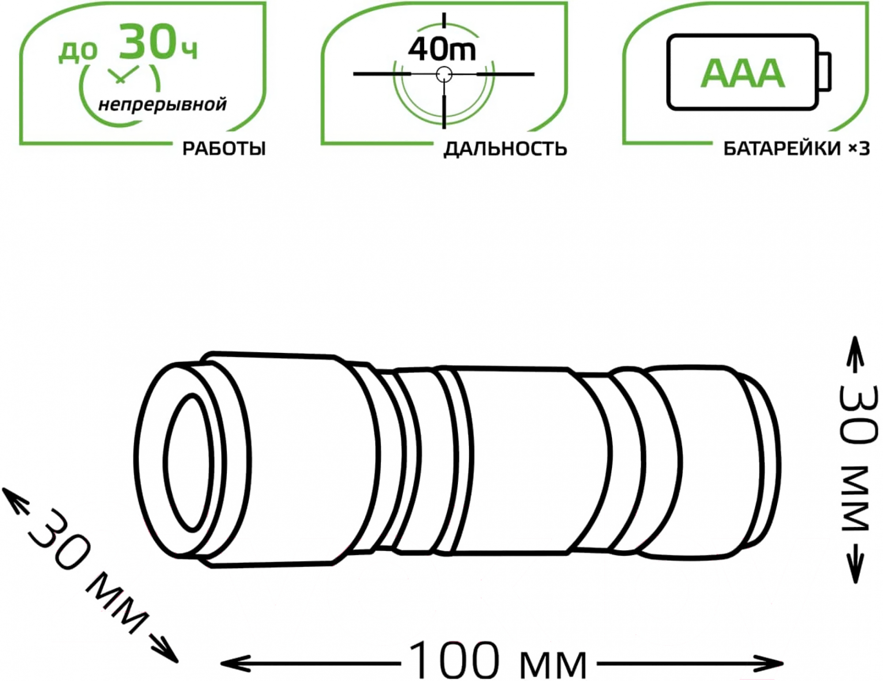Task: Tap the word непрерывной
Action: (162, 105)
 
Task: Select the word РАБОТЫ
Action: (224, 149)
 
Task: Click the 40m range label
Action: (442, 49)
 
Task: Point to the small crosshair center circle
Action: (444, 74)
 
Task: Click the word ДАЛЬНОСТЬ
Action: (505, 149)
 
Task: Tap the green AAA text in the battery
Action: (743, 73)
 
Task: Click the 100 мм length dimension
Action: (498, 662)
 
